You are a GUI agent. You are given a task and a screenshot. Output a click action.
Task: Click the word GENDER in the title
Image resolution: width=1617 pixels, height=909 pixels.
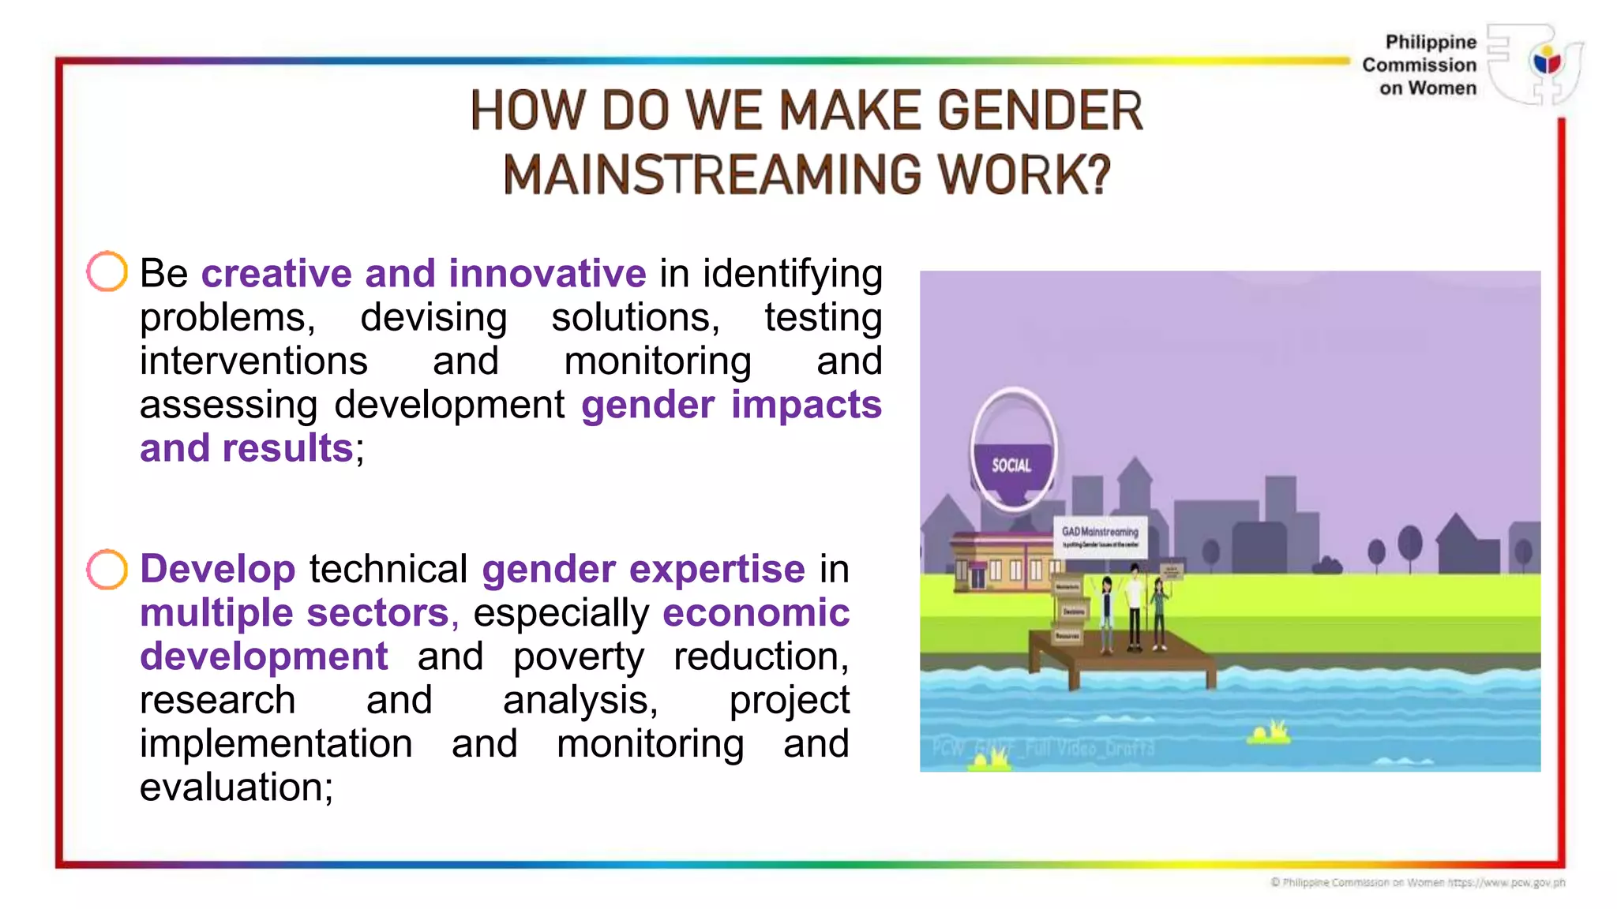click(1040, 110)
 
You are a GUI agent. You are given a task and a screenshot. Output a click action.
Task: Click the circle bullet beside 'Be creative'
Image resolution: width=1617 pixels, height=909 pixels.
click(107, 271)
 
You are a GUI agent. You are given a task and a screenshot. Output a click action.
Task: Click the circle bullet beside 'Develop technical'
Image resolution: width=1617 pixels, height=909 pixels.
click(107, 569)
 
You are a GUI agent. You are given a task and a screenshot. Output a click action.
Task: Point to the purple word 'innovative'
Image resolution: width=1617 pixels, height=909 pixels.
click(547, 274)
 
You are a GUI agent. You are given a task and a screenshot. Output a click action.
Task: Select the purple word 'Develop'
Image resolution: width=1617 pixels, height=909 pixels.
click(217, 569)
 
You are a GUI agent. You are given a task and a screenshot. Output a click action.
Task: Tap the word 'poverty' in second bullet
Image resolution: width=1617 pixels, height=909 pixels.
click(578, 656)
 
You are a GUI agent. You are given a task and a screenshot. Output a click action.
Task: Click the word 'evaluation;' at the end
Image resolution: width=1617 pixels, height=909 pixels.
click(236, 787)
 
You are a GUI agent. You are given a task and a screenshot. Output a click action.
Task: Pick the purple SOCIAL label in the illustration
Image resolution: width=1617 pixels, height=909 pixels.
click(1011, 466)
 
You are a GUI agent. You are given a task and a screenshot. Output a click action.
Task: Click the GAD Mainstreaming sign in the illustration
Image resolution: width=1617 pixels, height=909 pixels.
click(1100, 536)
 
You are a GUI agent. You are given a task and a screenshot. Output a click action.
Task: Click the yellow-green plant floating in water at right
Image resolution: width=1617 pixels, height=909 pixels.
click(1269, 733)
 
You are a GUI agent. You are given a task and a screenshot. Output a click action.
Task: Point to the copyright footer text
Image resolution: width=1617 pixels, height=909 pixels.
click(1417, 882)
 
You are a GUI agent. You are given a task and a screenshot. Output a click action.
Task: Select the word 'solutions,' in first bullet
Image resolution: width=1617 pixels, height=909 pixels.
click(636, 317)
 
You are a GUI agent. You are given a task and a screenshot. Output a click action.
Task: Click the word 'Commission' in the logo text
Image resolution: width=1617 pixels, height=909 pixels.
click(1419, 65)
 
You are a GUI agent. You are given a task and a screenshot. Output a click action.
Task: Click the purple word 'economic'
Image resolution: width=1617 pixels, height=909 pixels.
click(756, 613)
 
